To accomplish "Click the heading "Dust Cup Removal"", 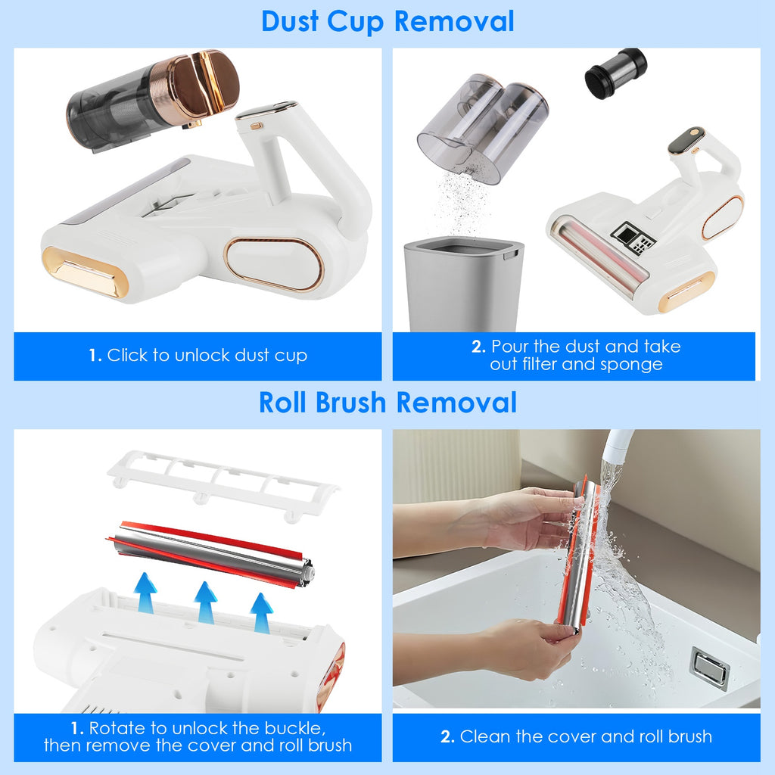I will tap(387, 21).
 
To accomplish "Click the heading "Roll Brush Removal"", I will tap(387, 402).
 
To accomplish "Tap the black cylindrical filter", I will tap(615, 73).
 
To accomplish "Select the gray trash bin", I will tap(463, 283).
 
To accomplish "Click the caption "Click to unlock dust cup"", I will tap(198, 355).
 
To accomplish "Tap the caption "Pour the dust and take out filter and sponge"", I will tap(575, 355).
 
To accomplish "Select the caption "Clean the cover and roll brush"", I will tap(576, 736).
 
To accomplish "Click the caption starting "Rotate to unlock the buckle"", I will tap(198, 736).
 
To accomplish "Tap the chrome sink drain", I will tap(709, 667).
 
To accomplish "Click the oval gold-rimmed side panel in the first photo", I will tap(273, 264).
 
